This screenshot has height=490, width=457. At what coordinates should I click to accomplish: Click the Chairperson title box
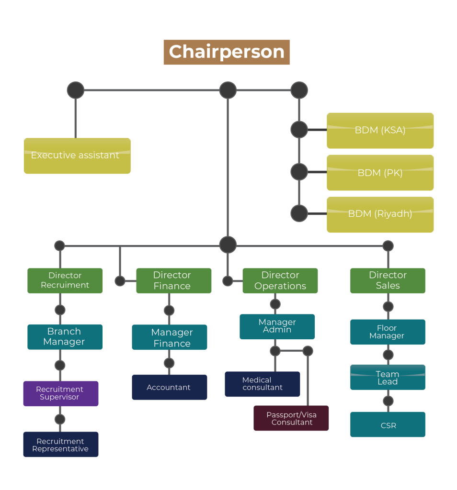[x=227, y=52]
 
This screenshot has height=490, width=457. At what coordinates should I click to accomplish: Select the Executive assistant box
[x=77, y=156]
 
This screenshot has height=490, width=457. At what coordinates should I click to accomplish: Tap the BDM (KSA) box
[x=380, y=131]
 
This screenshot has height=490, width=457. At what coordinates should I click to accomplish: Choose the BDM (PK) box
[x=380, y=173]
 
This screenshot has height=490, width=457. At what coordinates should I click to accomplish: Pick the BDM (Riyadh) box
[x=380, y=214]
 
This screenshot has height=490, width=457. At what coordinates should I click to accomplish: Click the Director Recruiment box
[x=65, y=280]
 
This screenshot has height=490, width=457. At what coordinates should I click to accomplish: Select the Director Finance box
[x=173, y=280]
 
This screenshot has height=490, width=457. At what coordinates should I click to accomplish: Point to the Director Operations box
[x=280, y=280]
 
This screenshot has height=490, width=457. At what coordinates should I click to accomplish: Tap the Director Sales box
[x=388, y=280]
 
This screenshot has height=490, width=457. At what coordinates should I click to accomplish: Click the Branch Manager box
[x=65, y=336]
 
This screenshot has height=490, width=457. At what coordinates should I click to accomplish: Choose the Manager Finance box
[x=170, y=337]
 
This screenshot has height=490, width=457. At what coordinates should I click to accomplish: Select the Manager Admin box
[x=277, y=326]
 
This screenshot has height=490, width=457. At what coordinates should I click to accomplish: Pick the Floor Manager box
[x=388, y=332]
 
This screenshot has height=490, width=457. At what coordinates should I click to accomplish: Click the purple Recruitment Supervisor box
[x=61, y=393]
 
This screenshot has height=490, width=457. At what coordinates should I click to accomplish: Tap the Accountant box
[x=170, y=387]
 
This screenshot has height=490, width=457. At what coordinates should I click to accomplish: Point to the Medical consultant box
[x=263, y=384]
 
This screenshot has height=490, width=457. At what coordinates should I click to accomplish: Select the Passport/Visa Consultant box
[x=291, y=418]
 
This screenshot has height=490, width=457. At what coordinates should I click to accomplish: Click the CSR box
[x=388, y=424]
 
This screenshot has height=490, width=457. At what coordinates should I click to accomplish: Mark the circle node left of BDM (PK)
[x=299, y=172]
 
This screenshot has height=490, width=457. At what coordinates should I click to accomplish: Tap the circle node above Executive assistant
[x=76, y=90]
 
